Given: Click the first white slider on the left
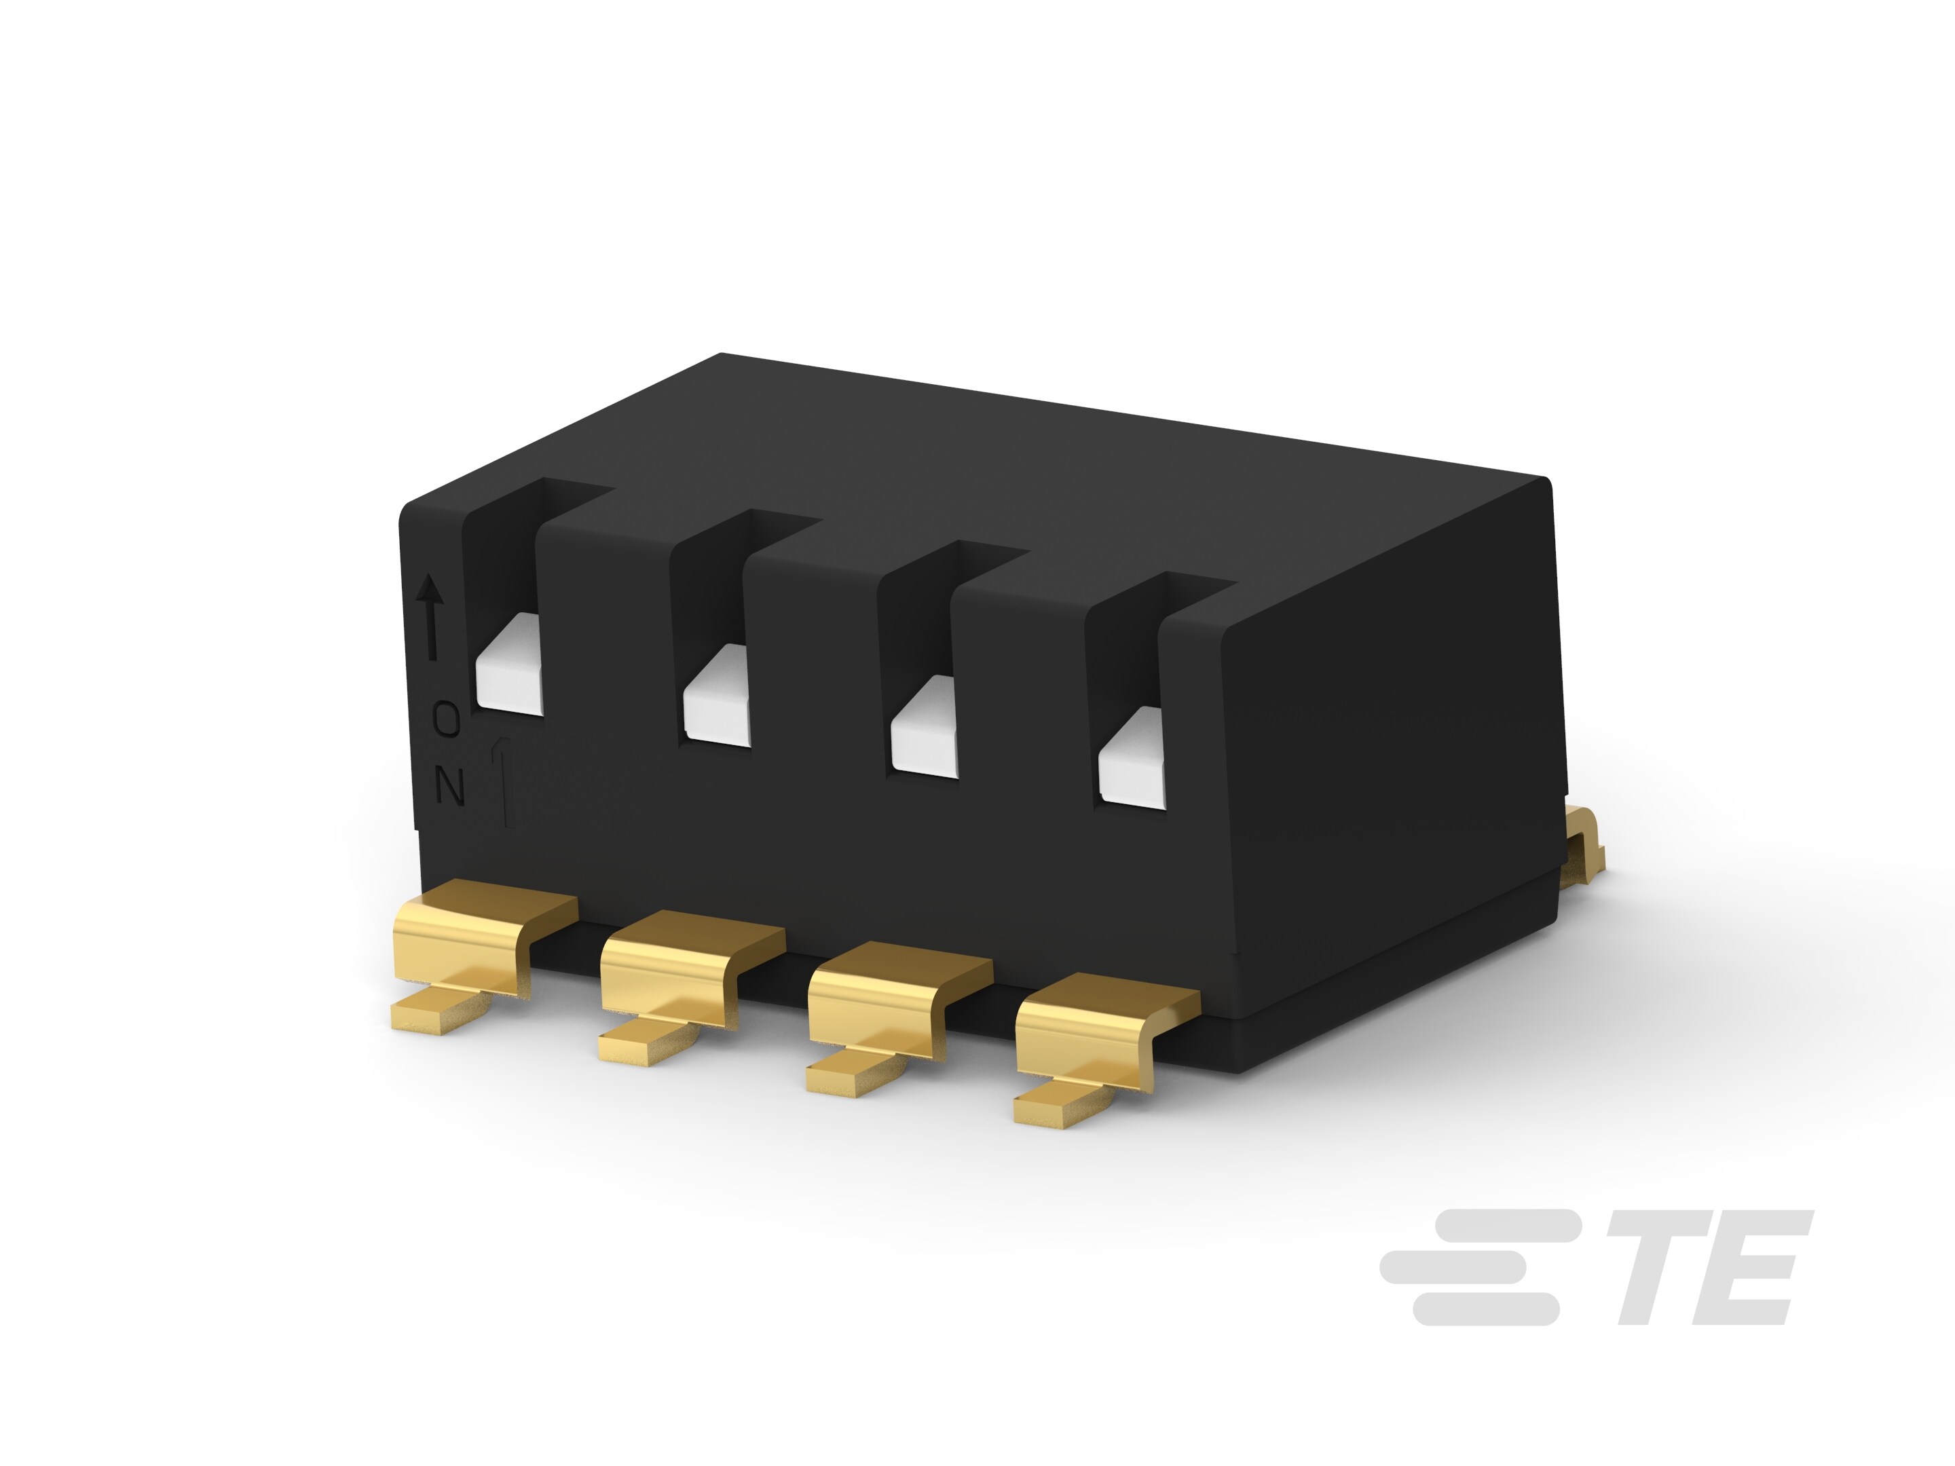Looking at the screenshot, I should (x=508, y=662).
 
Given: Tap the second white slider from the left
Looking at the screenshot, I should (x=716, y=694).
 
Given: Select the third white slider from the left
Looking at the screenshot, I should (x=925, y=726).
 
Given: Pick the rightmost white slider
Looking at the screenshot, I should (x=1132, y=758).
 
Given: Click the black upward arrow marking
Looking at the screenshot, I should (x=430, y=616).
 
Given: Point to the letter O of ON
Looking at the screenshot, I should (x=447, y=720).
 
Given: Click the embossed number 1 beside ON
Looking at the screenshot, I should (x=504, y=782).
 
